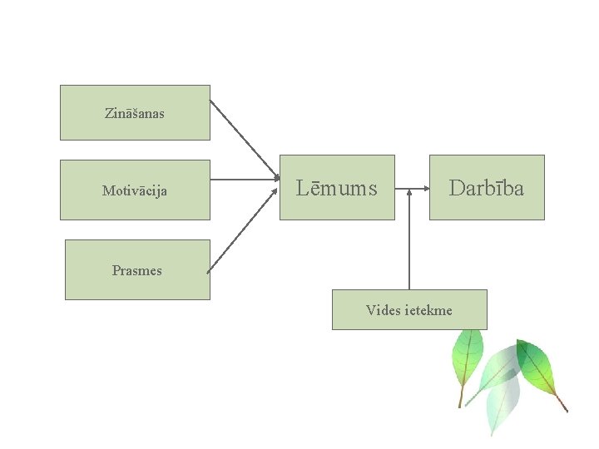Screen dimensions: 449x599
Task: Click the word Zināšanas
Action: pos(135,112)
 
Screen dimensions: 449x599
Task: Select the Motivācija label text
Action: pos(135,190)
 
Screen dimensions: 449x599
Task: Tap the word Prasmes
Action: pos(137,270)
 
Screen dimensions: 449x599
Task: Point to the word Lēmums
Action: pos(337,189)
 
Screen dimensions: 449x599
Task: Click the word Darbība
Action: pos(487,189)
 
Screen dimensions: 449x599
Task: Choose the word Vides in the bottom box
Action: pos(383,310)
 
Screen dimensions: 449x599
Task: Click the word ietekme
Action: pos(428,310)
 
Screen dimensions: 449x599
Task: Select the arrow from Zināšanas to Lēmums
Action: pos(243,139)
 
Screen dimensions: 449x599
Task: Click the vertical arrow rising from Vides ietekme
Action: pos(409,241)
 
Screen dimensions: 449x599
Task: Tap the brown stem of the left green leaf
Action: pos(460,397)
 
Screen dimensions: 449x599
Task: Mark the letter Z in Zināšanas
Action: pos(109,112)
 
